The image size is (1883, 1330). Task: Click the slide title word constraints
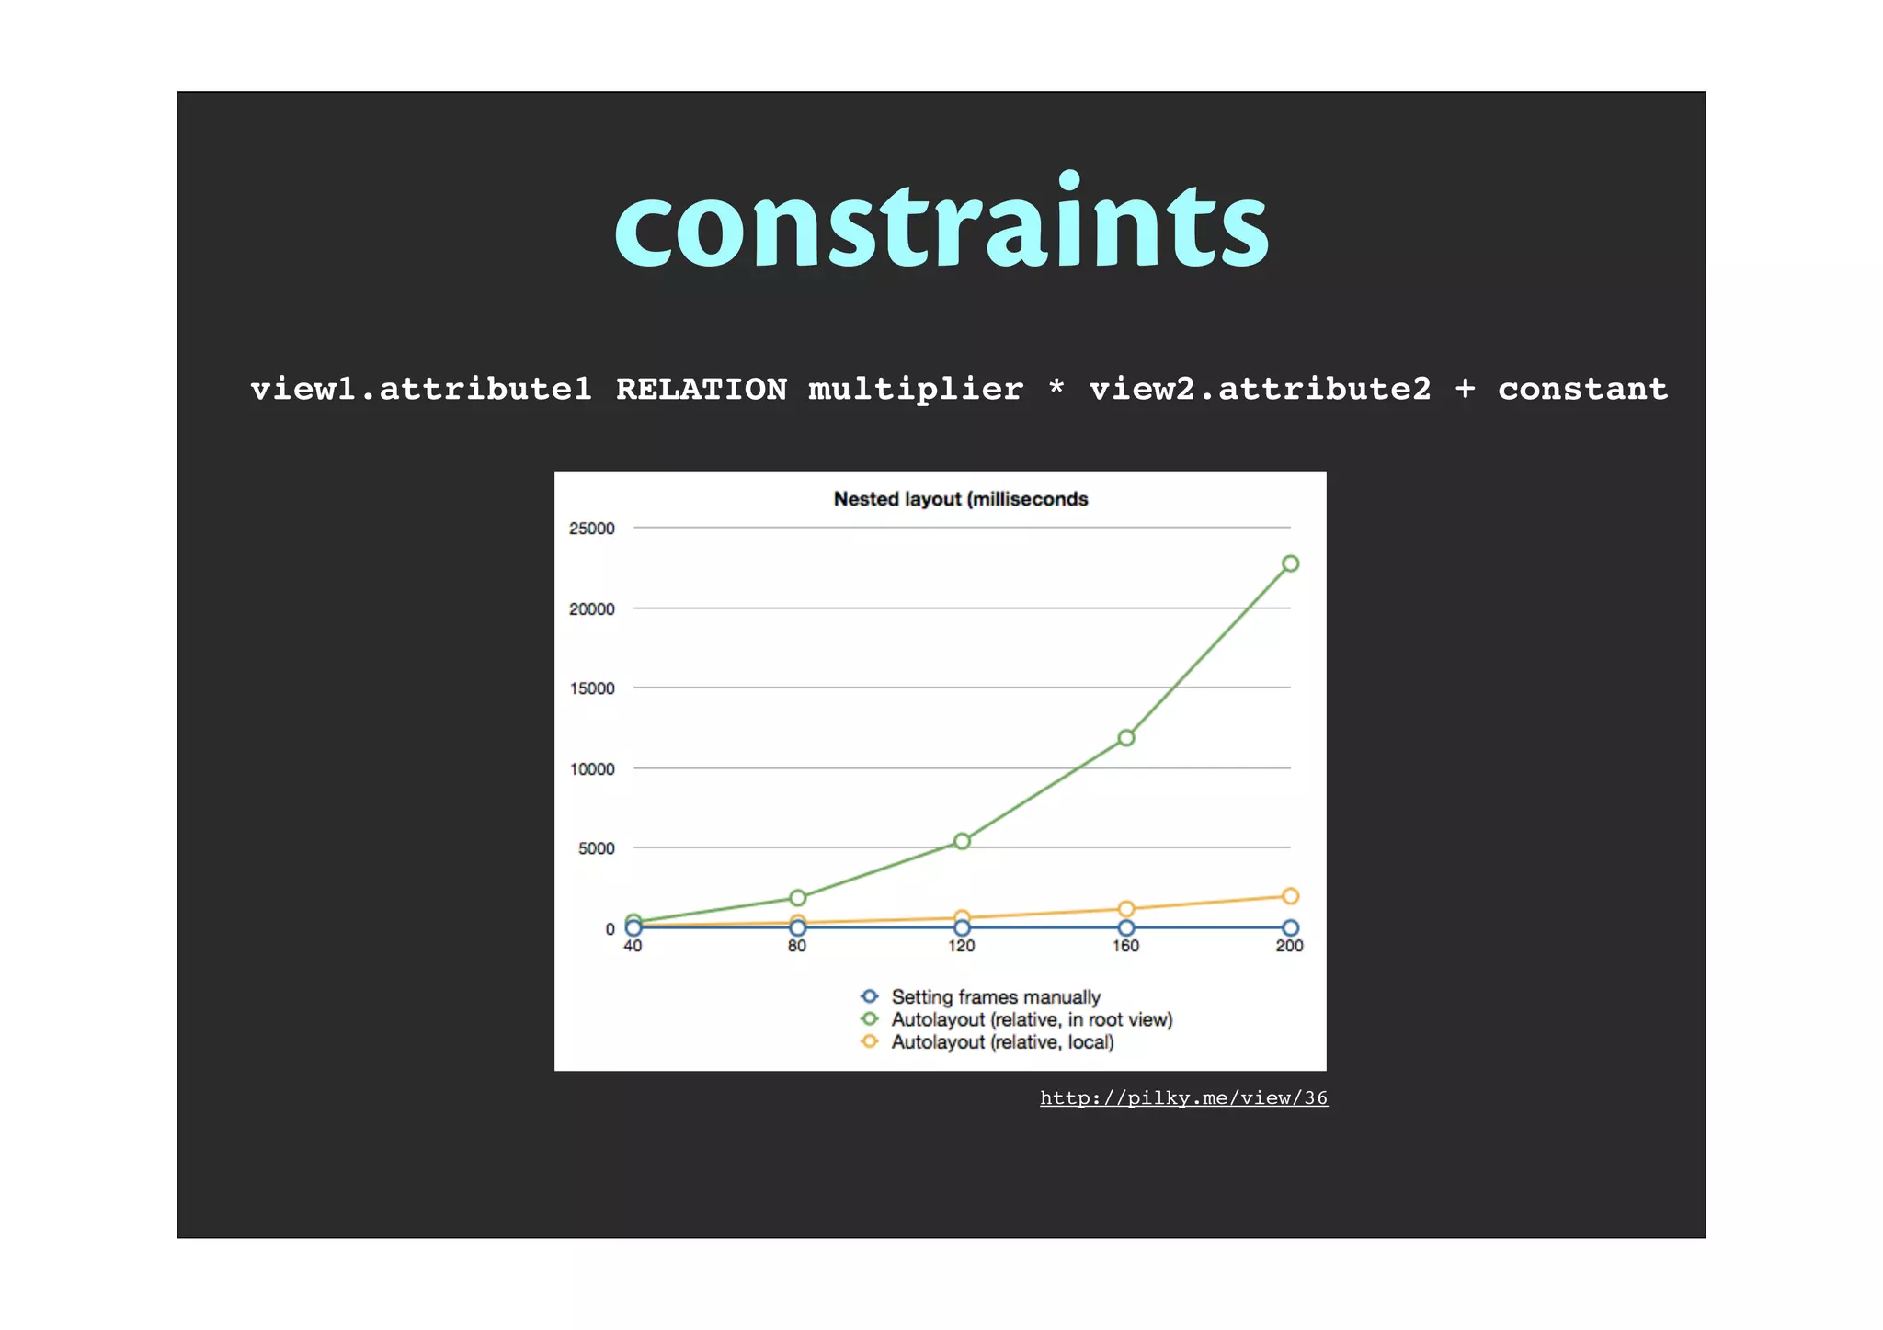point(941,223)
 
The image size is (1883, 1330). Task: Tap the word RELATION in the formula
point(702,389)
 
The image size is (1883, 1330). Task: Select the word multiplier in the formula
point(916,389)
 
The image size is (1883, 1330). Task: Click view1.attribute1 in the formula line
point(421,389)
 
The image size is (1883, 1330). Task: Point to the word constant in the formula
point(1582,389)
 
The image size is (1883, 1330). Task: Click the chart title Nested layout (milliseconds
point(961,499)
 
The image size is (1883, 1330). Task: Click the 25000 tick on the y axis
point(591,529)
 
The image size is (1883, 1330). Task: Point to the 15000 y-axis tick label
point(591,688)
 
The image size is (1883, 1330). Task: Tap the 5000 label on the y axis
point(596,848)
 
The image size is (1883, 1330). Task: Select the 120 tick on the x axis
point(962,946)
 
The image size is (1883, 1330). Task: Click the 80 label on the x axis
point(797,946)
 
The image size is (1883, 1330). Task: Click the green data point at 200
point(1290,563)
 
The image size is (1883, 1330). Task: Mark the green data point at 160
point(1126,737)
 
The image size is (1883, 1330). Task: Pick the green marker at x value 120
point(962,841)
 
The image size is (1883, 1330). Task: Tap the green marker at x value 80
point(798,898)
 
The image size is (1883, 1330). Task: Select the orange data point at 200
point(1290,896)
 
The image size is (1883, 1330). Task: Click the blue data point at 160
point(1126,928)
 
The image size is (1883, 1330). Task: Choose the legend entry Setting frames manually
point(995,997)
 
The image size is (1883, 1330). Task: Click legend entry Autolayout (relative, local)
point(1002,1042)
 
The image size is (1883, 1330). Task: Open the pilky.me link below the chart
point(1183,1097)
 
